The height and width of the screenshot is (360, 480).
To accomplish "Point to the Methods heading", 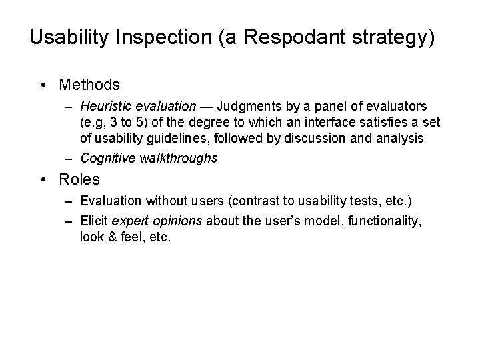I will click(x=89, y=85).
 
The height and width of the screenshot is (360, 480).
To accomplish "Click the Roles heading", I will click(x=79, y=179).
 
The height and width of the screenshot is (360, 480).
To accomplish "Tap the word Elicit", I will click(x=95, y=221).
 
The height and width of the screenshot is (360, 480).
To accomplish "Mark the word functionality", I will click(x=383, y=221).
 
